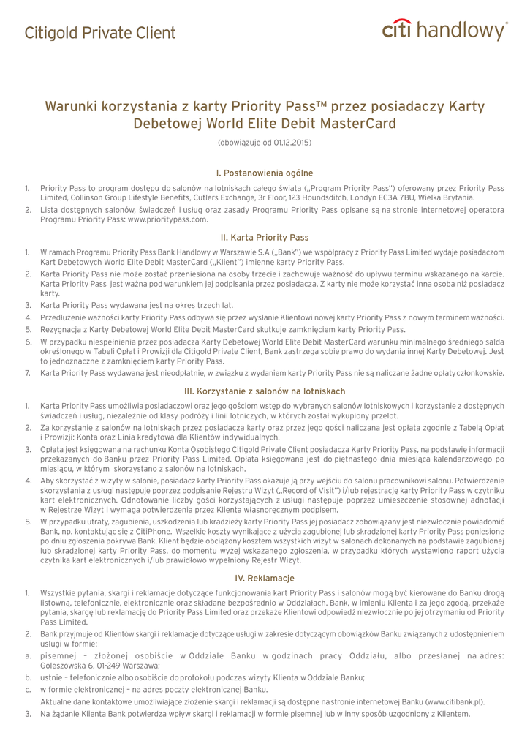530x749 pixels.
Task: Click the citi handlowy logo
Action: pyautogui.click(x=444, y=31)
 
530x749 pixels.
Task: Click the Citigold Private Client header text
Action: pyautogui.click(x=99, y=33)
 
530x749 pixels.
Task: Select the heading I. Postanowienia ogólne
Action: pyautogui.click(x=265, y=173)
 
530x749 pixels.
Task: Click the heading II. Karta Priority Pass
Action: pyautogui.click(x=265, y=237)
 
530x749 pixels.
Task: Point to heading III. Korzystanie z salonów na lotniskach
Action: pyautogui.click(x=265, y=391)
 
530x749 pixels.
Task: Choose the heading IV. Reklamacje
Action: pyautogui.click(x=265, y=578)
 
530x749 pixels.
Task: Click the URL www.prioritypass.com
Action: pyautogui.click(x=167, y=219)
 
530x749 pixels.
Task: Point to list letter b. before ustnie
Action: pyautogui.click(x=27, y=677)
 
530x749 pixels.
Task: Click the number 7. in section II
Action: pyautogui.click(x=27, y=373)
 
